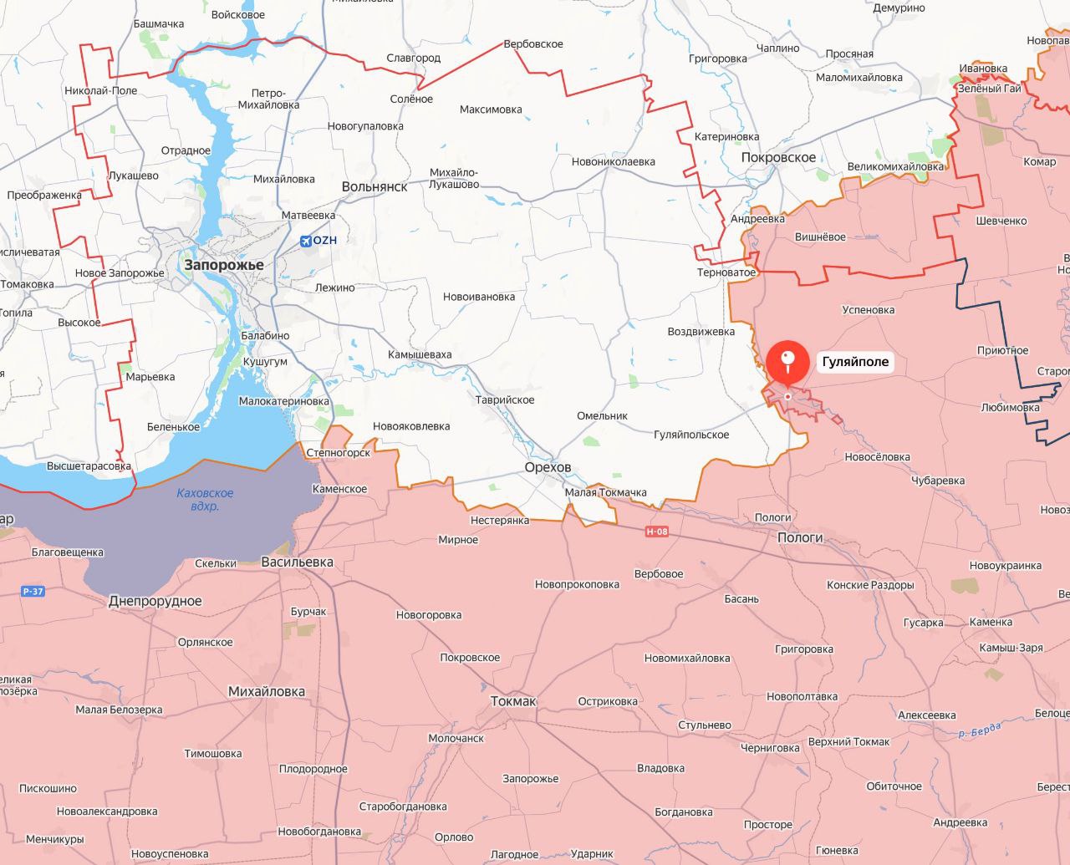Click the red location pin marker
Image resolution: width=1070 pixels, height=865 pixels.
pyautogui.click(x=787, y=362)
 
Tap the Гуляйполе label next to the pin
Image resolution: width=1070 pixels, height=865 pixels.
pyautogui.click(x=855, y=362)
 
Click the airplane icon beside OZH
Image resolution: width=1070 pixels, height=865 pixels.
pyautogui.click(x=305, y=241)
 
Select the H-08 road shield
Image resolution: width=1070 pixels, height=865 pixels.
pyautogui.click(x=657, y=532)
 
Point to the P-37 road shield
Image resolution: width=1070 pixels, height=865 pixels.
pyautogui.click(x=33, y=592)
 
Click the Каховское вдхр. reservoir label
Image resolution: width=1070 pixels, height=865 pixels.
pyautogui.click(x=205, y=500)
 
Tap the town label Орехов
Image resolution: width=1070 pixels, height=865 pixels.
pyautogui.click(x=548, y=467)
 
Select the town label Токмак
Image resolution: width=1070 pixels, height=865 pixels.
pyautogui.click(x=512, y=701)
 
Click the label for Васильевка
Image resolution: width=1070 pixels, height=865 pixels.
pyautogui.click(x=297, y=562)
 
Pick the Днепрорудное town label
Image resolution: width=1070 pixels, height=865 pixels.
pyautogui.click(x=155, y=601)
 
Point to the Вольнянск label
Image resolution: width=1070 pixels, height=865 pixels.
pyautogui.click(x=374, y=186)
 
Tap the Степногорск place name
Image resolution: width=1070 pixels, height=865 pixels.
pyautogui.click(x=339, y=453)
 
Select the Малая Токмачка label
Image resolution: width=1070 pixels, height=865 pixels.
pyautogui.click(x=605, y=492)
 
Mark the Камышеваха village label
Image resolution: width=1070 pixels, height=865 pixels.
pyautogui.click(x=420, y=354)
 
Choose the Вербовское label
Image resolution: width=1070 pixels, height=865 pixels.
pyautogui.click(x=532, y=43)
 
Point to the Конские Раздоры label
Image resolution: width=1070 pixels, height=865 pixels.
pyautogui.click(x=869, y=585)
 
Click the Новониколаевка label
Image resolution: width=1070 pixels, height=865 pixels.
pyautogui.click(x=613, y=161)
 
